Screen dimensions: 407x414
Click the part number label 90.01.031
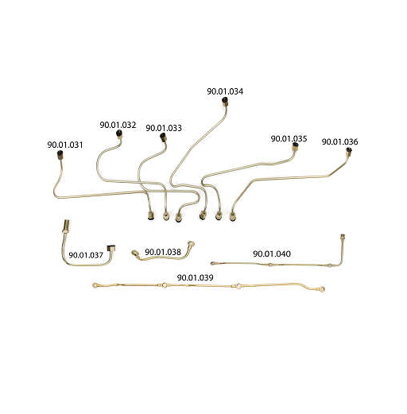(65, 145)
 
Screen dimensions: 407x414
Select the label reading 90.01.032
(118, 125)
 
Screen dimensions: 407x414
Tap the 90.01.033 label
(164, 128)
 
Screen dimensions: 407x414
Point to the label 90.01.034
(225, 91)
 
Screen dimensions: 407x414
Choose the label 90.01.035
(289, 138)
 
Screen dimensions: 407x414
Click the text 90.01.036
(340, 141)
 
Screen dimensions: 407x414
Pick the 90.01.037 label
(86, 255)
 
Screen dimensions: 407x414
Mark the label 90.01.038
(163, 252)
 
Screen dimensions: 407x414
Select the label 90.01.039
(196, 277)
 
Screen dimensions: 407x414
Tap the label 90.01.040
(272, 253)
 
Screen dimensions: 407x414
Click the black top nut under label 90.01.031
(60, 154)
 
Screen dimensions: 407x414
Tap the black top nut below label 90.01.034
(225, 100)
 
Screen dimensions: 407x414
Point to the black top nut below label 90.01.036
(349, 150)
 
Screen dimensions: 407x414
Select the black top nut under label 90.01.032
(119, 133)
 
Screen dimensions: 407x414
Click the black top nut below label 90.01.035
(295, 145)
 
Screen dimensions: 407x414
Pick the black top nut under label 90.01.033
(163, 137)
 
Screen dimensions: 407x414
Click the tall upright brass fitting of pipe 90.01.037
(67, 226)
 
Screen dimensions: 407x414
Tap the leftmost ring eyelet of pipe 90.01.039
(95, 285)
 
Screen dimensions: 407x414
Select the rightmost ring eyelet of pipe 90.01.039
(322, 289)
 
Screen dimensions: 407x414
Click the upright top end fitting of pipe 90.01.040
(343, 237)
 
